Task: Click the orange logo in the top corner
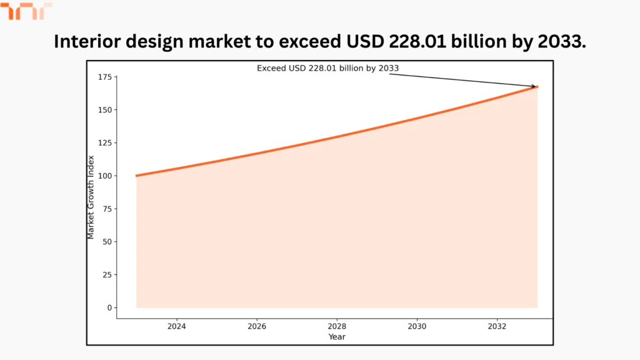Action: tap(26, 11)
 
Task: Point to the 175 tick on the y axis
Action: tap(104, 77)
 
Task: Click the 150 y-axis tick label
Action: tap(104, 110)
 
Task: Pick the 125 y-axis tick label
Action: tap(104, 143)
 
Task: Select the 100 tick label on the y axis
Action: tap(104, 176)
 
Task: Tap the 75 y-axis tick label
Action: tap(106, 209)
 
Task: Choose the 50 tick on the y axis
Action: tap(106, 242)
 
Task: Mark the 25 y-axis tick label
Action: tap(106, 274)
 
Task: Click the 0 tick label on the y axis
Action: tap(108, 307)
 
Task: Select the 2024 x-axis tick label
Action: tap(177, 326)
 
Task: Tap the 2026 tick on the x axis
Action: tap(257, 326)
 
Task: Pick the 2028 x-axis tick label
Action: tap(337, 326)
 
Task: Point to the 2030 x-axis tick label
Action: tap(417, 326)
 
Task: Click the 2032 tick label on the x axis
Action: tap(497, 326)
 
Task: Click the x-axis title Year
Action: tap(337, 337)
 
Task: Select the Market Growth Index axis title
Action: tap(91, 197)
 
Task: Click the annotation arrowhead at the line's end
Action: tap(534, 86)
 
